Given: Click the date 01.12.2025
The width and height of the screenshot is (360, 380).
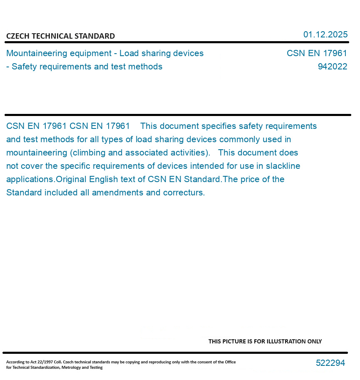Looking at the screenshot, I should pyautogui.click(x=325, y=35).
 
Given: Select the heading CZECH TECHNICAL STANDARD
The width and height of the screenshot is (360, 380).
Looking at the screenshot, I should pyautogui.click(x=60, y=36).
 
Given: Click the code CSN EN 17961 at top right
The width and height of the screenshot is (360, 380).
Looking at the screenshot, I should pyautogui.click(x=317, y=54).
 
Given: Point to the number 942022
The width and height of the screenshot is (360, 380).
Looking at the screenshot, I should pyautogui.click(x=332, y=67).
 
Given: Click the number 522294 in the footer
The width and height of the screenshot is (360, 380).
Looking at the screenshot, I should pyautogui.click(x=330, y=363).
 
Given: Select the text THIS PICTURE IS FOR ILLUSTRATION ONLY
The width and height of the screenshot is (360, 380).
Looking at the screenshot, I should pyautogui.click(x=265, y=341).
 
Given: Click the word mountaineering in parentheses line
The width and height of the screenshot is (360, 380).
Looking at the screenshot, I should pyautogui.click(x=37, y=153).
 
